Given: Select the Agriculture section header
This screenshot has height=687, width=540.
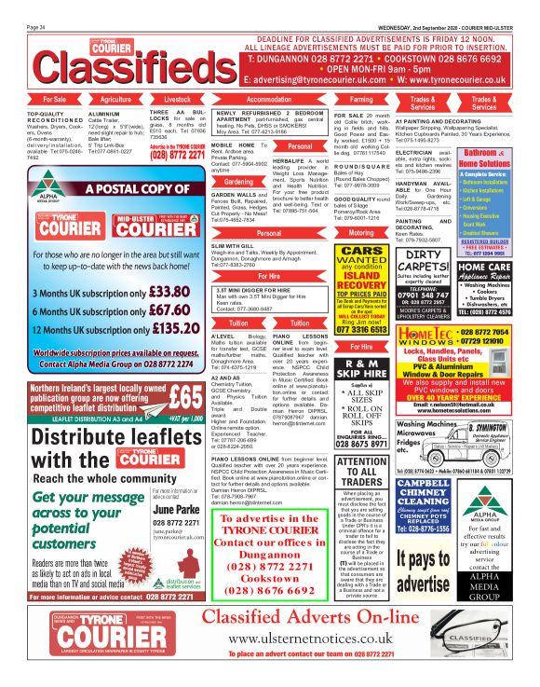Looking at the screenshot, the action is (115, 98).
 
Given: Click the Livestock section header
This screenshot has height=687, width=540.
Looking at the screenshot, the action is (177, 98).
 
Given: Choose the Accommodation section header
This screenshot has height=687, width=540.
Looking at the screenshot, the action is (269, 98).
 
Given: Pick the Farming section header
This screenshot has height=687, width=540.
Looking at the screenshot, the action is (361, 98).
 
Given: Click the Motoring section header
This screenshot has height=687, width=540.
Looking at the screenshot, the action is (361, 232).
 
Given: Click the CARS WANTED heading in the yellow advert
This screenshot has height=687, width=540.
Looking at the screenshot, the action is (361, 256).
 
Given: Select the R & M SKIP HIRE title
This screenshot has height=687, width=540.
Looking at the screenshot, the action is (361, 364).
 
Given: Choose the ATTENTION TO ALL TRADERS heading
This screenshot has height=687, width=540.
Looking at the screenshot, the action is (361, 470).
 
